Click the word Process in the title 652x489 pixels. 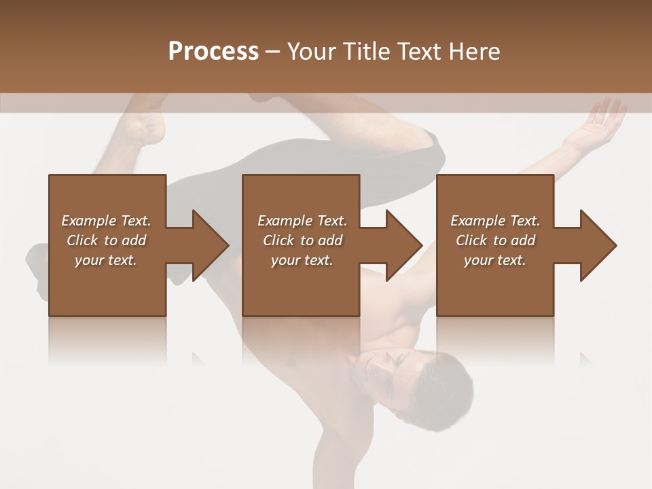point(213,52)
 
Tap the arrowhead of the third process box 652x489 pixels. point(598,245)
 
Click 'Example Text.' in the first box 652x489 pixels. point(106,221)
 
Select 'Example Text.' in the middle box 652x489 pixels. point(302,221)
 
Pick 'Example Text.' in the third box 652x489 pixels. point(495,221)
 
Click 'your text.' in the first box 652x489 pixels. point(106,260)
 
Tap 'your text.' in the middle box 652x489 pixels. point(302,260)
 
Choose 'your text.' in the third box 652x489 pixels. point(495,260)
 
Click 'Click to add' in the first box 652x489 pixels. point(106,240)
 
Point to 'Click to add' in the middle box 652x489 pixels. point(302,240)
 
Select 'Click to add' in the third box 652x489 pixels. point(495,240)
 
